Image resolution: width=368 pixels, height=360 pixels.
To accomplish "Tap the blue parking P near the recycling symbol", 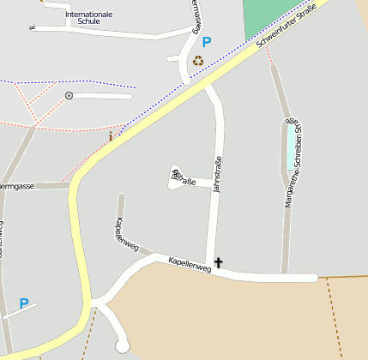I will (207, 41).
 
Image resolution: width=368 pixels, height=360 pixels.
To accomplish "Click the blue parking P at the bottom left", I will (24, 303).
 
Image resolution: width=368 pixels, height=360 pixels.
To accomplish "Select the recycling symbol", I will (199, 61).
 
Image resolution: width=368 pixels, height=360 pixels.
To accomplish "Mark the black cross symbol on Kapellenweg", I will (218, 263).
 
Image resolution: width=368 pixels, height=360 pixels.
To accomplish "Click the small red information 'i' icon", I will (111, 135).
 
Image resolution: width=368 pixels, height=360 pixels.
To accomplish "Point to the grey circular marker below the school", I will (69, 95).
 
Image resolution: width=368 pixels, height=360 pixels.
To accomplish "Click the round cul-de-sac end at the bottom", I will (122, 345).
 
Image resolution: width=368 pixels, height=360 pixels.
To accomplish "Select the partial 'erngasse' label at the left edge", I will (17, 186).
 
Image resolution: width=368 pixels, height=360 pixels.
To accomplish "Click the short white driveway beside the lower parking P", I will (19, 312).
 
